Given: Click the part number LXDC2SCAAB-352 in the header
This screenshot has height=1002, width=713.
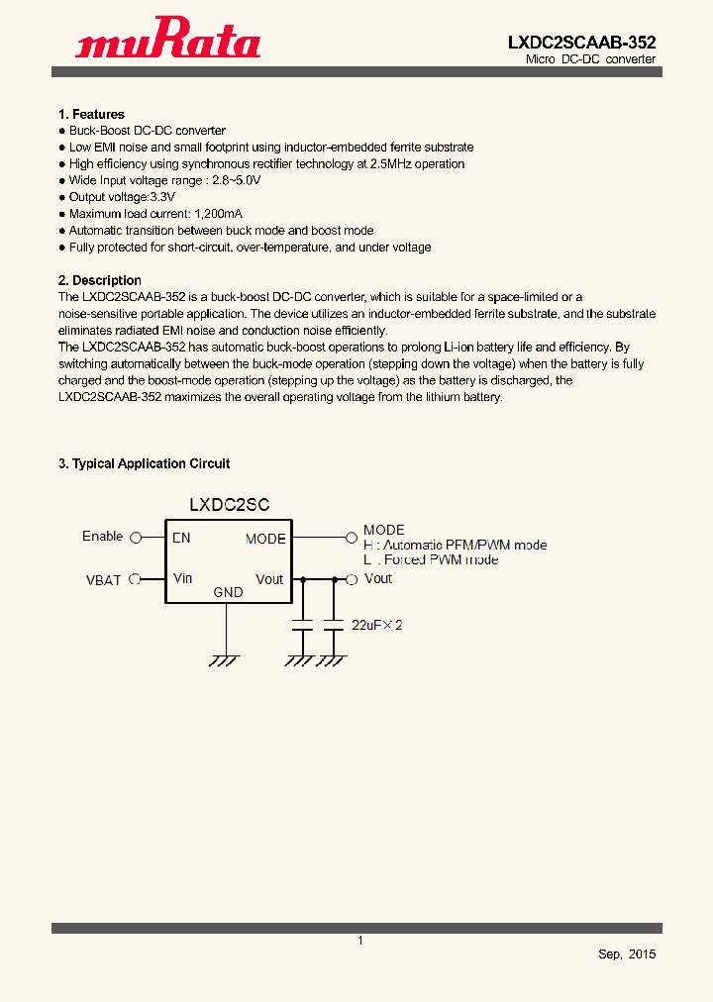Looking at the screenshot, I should click(581, 43).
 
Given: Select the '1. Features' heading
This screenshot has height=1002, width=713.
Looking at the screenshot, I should click(91, 115).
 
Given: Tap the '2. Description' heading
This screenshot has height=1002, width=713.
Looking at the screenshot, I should click(99, 280).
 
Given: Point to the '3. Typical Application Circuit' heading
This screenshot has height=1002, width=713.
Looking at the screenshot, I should click(144, 463).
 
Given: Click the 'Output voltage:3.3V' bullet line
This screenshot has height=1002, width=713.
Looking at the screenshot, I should click(122, 197).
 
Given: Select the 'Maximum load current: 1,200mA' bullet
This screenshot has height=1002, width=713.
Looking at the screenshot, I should click(155, 214).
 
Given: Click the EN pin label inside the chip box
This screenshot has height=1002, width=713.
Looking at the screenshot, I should click(181, 539).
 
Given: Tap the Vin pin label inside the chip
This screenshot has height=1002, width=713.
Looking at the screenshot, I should click(182, 578).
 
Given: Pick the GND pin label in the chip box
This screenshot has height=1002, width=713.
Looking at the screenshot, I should click(228, 593).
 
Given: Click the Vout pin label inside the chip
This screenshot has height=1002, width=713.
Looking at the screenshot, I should click(269, 579).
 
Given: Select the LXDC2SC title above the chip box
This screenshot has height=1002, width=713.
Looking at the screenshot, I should click(230, 505).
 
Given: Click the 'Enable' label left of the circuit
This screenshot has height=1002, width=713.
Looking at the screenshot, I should click(103, 537).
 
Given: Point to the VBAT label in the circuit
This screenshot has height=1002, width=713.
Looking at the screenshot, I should click(103, 580).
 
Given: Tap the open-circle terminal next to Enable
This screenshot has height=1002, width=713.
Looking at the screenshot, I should click(136, 538).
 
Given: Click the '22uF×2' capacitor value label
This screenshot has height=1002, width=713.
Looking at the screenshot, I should click(377, 626).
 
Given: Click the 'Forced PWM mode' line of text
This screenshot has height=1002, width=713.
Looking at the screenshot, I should click(431, 560).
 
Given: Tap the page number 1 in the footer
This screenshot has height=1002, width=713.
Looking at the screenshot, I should click(360, 941).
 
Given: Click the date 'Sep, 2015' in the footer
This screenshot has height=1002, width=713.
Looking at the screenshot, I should click(627, 954).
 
